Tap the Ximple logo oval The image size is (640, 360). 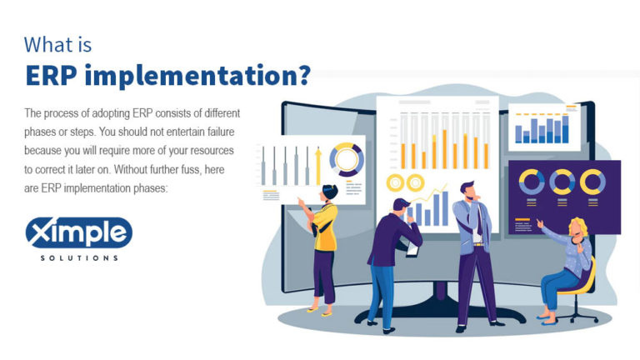tap(78, 232)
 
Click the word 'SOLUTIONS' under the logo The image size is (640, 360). tap(78, 258)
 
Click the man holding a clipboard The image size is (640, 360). tap(391, 258)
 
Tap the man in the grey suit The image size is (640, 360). tap(473, 250)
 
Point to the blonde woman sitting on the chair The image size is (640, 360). tap(570, 267)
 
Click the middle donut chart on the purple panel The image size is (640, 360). tap(562, 182)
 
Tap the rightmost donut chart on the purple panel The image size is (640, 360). tap(592, 182)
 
